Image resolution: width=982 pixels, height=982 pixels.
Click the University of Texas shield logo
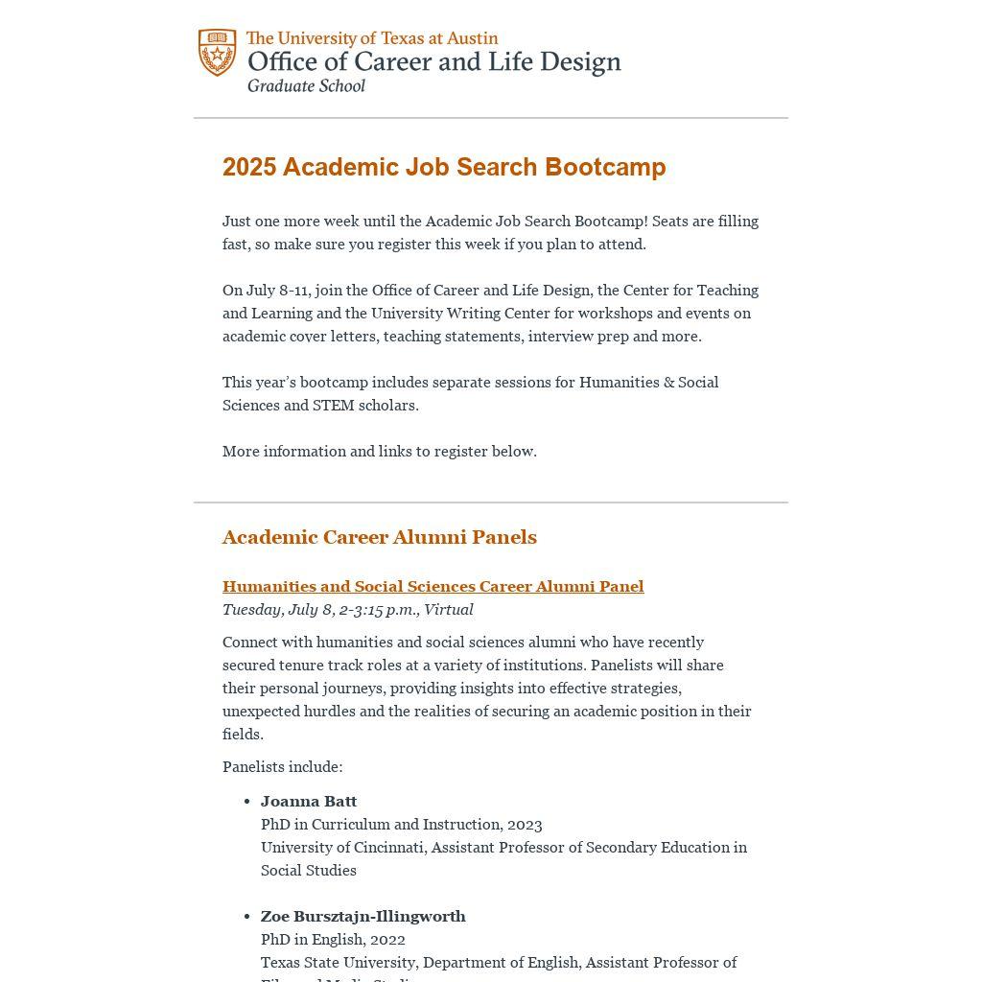218,53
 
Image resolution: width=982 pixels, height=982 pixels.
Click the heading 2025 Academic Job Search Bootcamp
444,167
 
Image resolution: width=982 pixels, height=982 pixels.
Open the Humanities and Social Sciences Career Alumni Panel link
433,586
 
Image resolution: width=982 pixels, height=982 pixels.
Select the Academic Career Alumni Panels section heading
379,537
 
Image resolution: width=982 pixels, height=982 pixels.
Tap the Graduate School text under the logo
306,85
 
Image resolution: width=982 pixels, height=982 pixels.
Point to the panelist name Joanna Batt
309,801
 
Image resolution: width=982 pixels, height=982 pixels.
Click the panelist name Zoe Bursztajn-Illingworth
362,916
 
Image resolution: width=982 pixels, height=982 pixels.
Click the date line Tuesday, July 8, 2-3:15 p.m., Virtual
347,609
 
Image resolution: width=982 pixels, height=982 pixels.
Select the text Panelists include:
282,766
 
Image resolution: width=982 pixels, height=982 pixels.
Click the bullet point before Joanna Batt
247,802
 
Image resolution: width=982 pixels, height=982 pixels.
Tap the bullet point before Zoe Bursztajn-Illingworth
247,917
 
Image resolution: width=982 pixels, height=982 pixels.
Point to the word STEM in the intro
333,405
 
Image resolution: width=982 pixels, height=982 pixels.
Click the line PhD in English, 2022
333,939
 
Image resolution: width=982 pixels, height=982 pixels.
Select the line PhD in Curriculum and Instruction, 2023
401,824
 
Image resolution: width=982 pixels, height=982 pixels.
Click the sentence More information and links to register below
379,451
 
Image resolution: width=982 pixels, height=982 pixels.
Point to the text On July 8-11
266,290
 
